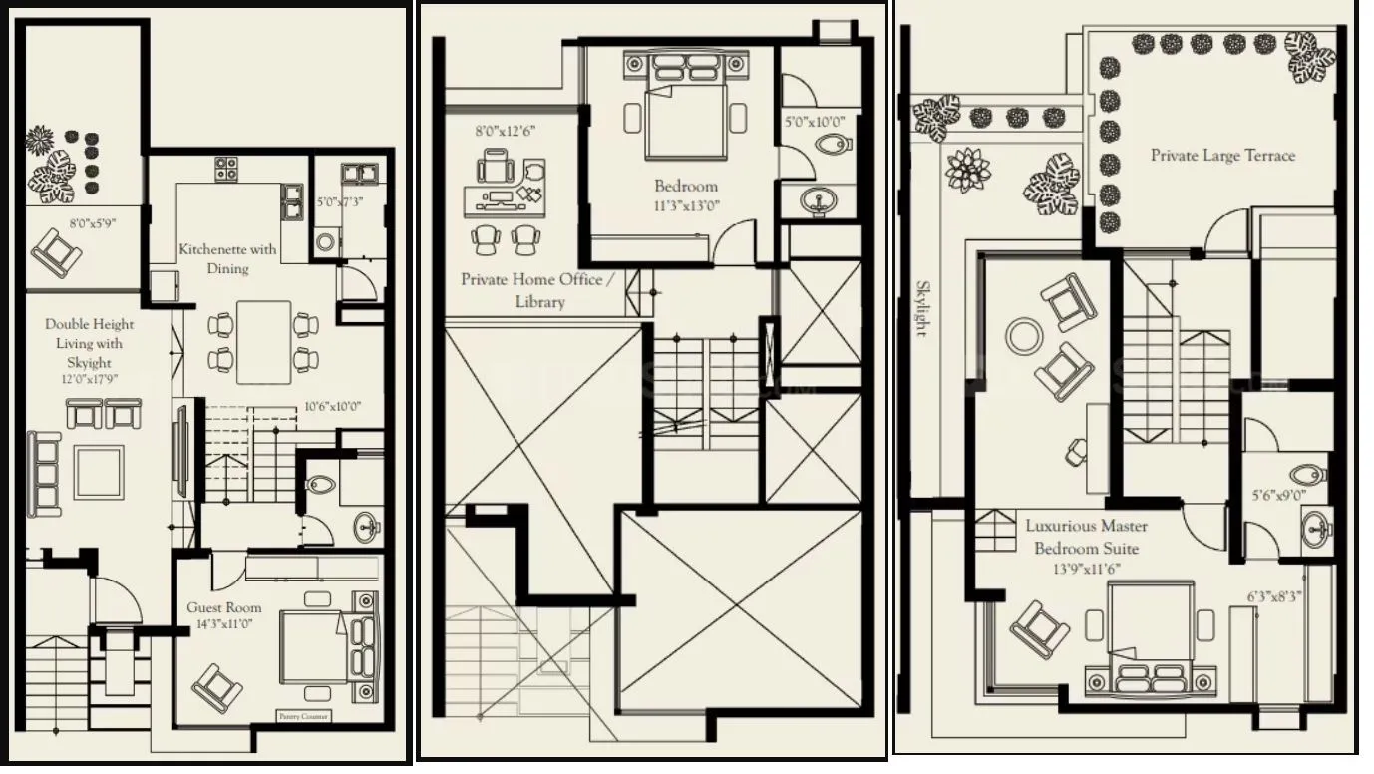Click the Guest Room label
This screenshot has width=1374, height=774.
(x=224, y=607)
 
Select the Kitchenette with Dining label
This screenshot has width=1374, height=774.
(x=227, y=258)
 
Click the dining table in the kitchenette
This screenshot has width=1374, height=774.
(x=263, y=342)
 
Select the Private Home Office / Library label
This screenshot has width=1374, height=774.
(x=530, y=290)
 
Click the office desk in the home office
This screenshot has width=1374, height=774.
(x=505, y=198)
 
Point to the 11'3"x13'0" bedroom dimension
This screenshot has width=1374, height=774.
(x=685, y=206)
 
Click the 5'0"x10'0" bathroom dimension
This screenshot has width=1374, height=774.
(x=815, y=122)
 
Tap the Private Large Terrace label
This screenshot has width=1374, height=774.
(x=1222, y=156)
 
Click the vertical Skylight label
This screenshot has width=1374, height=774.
(x=922, y=308)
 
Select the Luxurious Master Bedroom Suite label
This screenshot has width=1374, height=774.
(x=1086, y=537)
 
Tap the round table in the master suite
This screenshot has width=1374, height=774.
(x=1023, y=336)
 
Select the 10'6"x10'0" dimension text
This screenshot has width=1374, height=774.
(x=332, y=406)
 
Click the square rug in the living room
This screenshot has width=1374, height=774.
(x=98, y=471)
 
